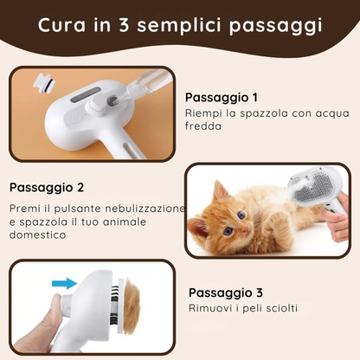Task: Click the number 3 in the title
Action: tap(124, 25)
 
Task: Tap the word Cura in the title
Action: tap(61, 25)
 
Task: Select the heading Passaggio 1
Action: tap(222, 98)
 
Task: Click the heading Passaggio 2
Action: tap(47, 188)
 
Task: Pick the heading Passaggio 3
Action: tap(226, 292)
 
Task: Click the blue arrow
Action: tap(64, 283)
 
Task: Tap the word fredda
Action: tap(203, 126)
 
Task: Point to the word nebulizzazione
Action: tap(145, 209)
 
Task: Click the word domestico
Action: tap(38, 235)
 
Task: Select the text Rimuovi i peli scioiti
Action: tap(243, 308)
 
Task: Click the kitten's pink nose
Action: tap(245, 230)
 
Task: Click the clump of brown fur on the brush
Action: tap(132, 306)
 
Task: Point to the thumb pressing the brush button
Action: tap(54, 312)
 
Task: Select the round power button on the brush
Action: tap(75, 119)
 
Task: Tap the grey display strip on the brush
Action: tap(86, 95)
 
